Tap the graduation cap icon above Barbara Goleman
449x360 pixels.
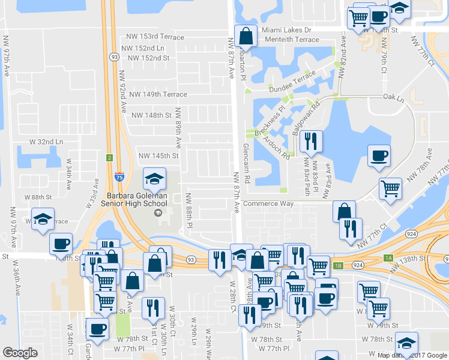tap(154, 179)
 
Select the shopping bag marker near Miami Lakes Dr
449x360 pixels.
tap(246, 36)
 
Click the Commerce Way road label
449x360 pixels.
tap(270, 203)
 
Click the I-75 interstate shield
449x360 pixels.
tap(121, 176)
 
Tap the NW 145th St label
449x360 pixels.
tap(159, 156)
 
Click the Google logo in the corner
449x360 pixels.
tap(20, 353)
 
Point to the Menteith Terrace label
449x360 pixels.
tap(291, 40)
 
